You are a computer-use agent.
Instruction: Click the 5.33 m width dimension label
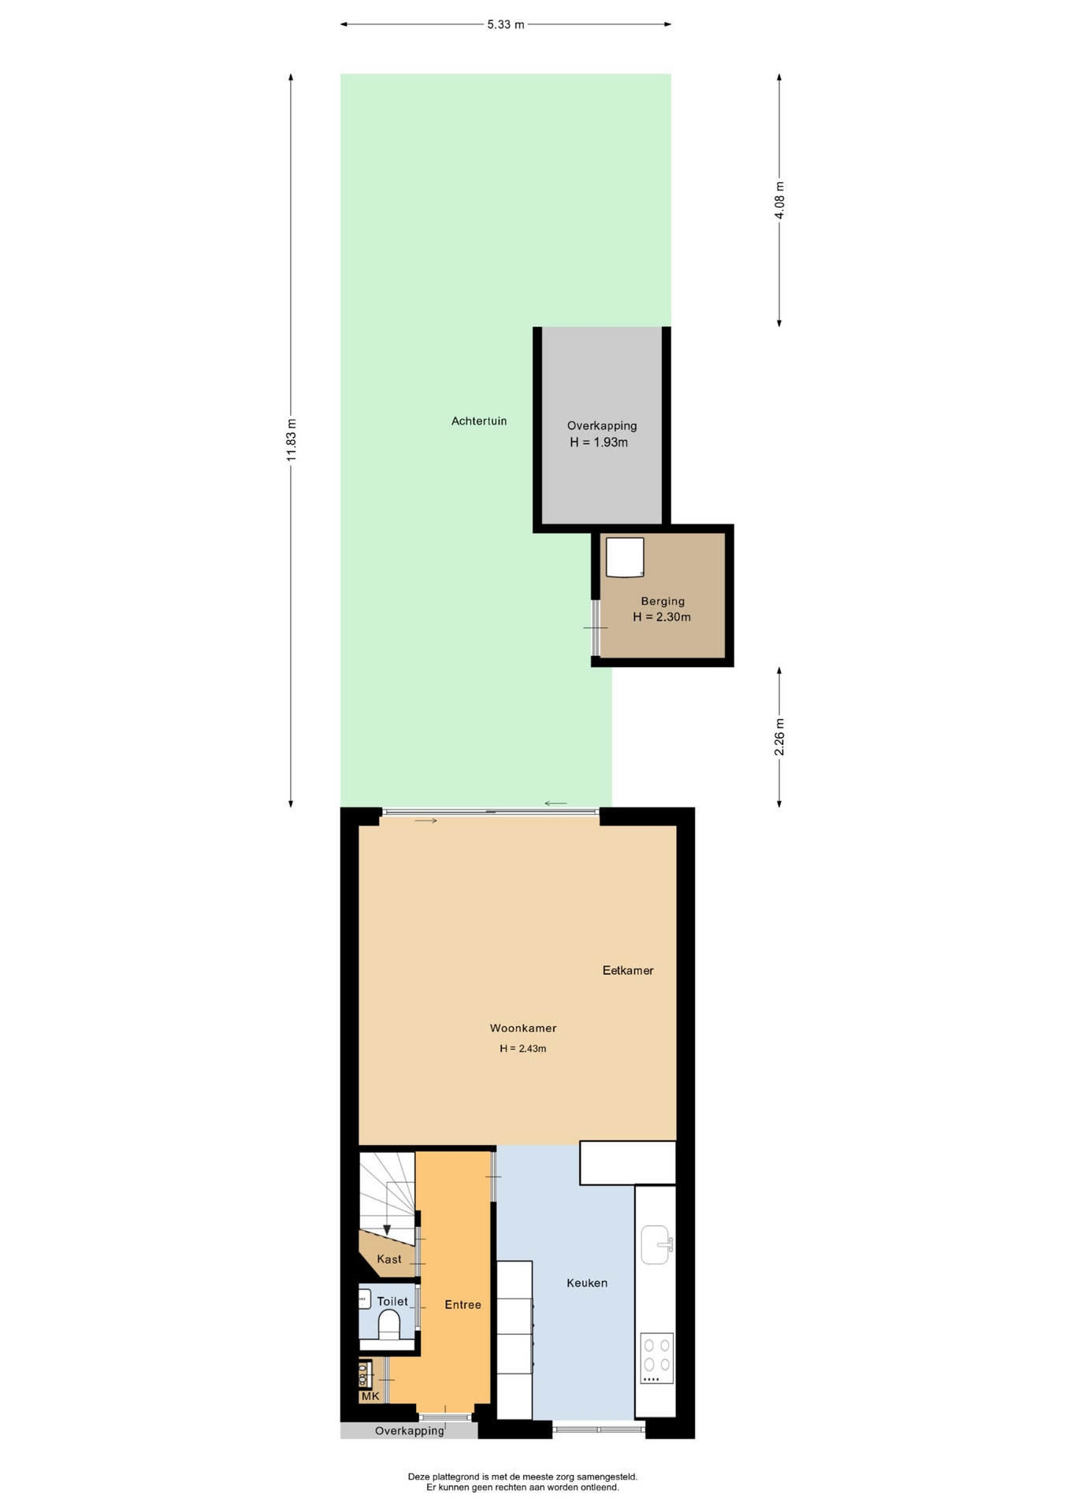[x=505, y=24]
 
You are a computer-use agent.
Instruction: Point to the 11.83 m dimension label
[x=291, y=440]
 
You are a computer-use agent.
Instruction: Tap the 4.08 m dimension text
[x=779, y=200]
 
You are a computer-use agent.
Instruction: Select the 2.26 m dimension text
[x=779, y=737]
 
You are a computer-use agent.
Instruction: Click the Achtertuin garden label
[x=479, y=421]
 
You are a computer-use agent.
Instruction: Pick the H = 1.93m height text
[x=599, y=443]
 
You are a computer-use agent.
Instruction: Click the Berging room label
[x=663, y=601]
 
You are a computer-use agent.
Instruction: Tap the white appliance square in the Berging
[x=625, y=558]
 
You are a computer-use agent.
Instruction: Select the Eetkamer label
[x=628, y=970]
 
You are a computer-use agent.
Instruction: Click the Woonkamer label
[x=523, y=1028]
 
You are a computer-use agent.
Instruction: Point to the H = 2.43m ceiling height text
[x=523, y=1049]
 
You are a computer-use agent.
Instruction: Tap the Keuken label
[x=587, y=1283]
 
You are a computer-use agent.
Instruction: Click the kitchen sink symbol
[x=656, y=1244]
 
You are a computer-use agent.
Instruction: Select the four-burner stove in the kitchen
[x=656, y=1358]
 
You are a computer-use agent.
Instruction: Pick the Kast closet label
[x=389, y=1259]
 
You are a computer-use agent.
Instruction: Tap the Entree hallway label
[x=463, y=1305]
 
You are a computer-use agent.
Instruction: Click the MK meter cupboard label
[x=370, y=1396]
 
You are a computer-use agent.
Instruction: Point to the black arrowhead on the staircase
[x=387, y=1231]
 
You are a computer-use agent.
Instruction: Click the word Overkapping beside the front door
[x=410, y=1431]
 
